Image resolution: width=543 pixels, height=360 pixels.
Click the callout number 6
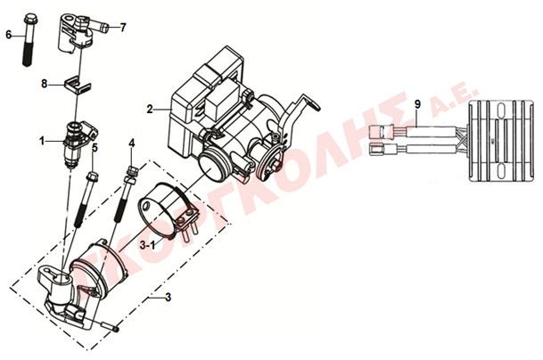tap(9, 35)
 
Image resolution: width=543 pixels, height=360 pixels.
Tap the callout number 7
tap(123, 28)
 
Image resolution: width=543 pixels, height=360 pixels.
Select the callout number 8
tap(45, 84)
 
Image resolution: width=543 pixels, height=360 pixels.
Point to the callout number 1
tap(42, 141)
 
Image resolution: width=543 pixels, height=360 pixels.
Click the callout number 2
tap(150, 110)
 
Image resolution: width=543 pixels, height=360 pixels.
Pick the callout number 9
tap(417, 104)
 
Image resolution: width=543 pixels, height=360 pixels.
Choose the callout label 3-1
tap(147, 245)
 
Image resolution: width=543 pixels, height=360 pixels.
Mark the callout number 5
tap(95, 147)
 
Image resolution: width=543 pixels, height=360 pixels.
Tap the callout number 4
tap(132, 143)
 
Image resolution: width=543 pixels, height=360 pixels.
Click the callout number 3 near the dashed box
tap(168, 298)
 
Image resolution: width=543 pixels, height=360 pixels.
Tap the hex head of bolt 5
tap(93, 177)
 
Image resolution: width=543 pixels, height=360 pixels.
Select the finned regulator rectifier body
tap(501, 141)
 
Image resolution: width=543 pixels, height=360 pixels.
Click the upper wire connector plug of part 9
tap(382, 132)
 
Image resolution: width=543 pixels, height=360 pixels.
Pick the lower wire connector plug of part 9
tap(382, 150)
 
